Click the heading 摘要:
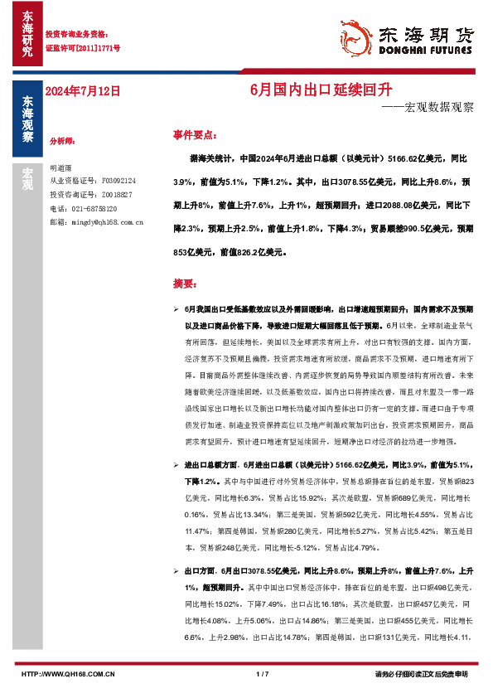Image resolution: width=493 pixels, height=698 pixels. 183,284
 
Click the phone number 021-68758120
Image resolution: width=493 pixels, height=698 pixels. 92,208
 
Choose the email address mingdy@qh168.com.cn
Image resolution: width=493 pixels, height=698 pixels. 107,222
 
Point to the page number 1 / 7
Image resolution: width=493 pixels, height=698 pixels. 263,674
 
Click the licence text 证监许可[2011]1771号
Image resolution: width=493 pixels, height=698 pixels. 82,49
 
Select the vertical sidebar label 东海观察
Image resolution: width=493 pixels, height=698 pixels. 27,120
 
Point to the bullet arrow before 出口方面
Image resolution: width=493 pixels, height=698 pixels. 176,572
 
